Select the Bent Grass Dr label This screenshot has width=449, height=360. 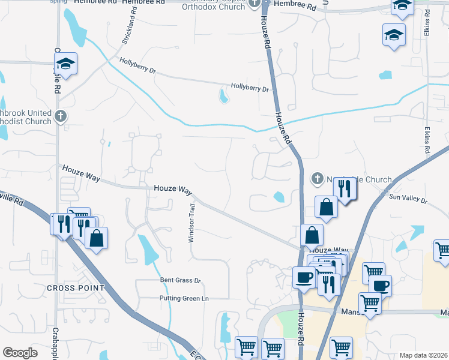tap(179, 280)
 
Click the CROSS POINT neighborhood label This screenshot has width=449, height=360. tap(76, 288)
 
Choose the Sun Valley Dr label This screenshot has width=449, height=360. tap(408, 197)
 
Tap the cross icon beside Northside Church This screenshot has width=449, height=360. tap(317, 178)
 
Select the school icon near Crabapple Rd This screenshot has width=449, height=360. tap(65, 63)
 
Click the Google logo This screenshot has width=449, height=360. tap(20, 353)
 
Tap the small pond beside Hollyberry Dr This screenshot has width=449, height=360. tap(223, 95)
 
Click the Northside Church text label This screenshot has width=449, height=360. tap(358, 179)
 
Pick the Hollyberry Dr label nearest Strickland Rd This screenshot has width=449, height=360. tap(137, 65)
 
